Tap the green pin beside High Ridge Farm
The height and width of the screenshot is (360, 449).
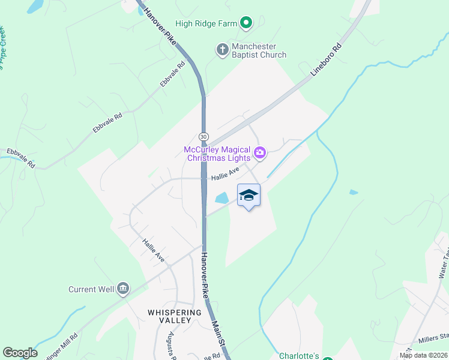pyautogui.click(x=246, y=23)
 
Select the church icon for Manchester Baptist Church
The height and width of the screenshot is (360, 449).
pyautogui.click(x=222, y=50)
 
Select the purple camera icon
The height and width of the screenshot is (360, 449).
pyautogui.click(x=260, y=153)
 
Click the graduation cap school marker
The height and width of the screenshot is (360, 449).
pyautogui.click(x=249, y=196)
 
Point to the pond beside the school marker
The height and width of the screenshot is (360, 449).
pyautogui.click(x=221, y=197)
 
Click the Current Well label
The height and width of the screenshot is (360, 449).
pyautogui.click(x=91, y=289)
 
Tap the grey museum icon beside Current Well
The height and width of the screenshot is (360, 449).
pyautogui.click(x=124, y=289)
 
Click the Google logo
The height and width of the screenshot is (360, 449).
pyautogui.click(x=20, y=353)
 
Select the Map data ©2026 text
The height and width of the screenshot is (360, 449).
pyautogui.click(x=423, y=355)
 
